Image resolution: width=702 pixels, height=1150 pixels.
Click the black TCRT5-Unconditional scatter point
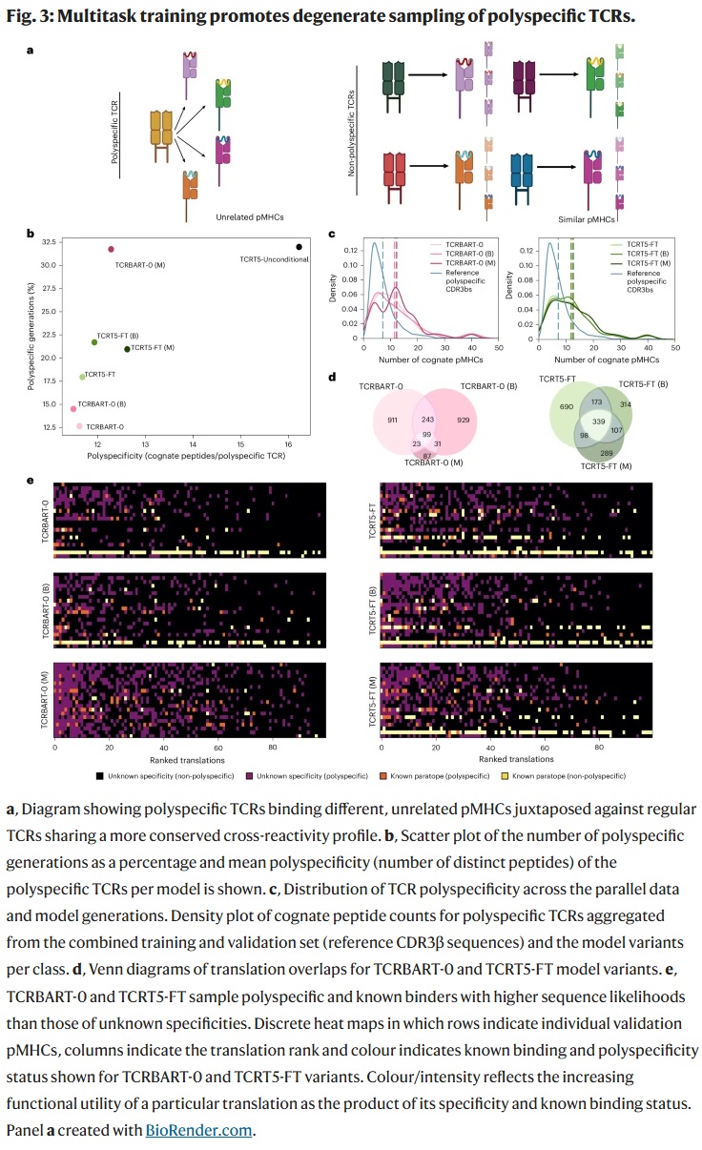299,247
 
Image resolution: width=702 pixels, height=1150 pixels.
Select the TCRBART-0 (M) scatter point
111,249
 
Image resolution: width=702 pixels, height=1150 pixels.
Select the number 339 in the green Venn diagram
598,421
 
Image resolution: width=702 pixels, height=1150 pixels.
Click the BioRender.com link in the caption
199,1130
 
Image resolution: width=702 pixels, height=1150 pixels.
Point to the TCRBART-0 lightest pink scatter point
79,425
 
